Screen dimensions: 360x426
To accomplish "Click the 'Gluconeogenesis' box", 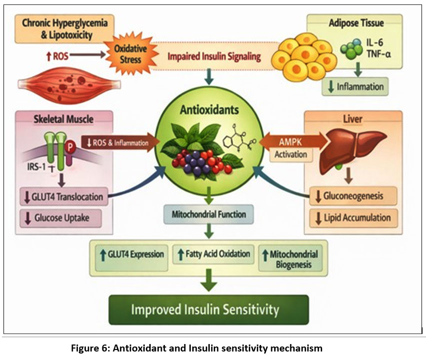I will coord(353,195).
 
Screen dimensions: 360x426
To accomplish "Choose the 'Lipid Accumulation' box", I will coord(353,218).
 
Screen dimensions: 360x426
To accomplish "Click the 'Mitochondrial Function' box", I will coord(209,215).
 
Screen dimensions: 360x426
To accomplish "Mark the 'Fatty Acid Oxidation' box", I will coord(213,254).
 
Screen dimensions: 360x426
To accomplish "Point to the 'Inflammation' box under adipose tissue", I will coord(355,86).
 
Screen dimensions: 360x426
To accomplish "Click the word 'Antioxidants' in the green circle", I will coord(209,109).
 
